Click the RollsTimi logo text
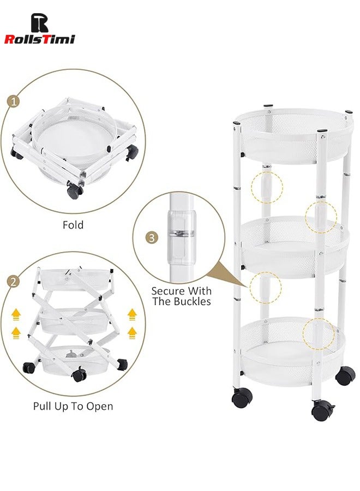point(39,39)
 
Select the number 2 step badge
point(12,282)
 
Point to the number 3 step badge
point(152,238)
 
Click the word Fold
point(73,224)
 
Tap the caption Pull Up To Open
point(73,406)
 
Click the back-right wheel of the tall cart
point(345,375)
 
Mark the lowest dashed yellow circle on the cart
point(320,334)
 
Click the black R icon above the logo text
point(39,22)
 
